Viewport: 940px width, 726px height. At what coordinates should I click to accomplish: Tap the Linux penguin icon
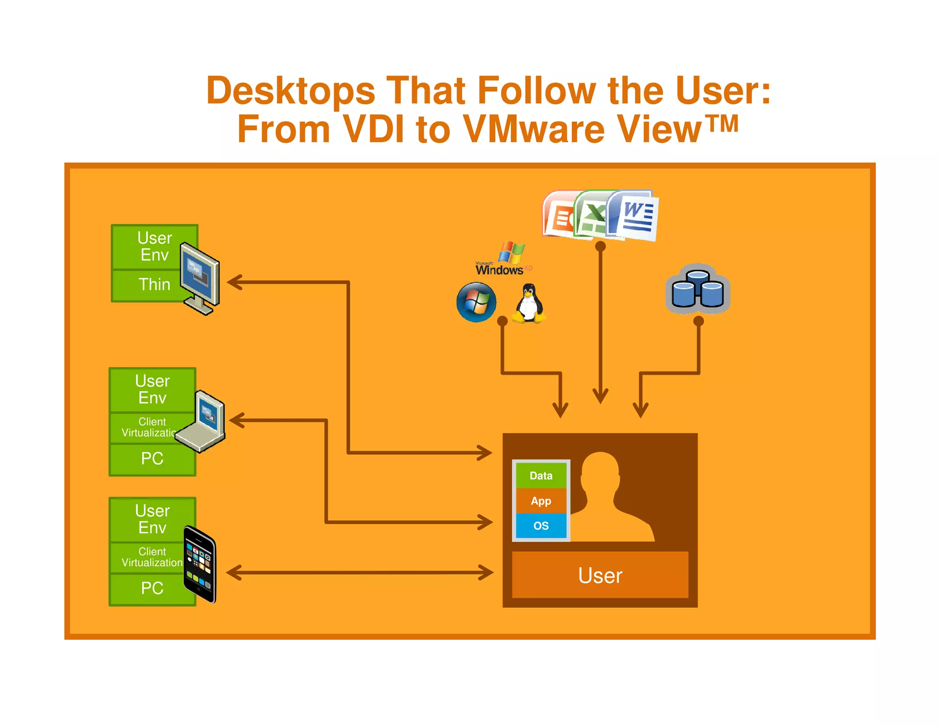click(x=529, y=303)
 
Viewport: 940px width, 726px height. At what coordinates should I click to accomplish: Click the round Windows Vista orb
click(x=476, y=302)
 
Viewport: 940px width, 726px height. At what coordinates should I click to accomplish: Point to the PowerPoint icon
click(x=558, y=215)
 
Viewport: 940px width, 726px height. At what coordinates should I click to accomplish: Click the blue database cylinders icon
click(x=698, y=289)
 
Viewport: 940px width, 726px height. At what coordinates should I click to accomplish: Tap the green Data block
click(x=541, y=475)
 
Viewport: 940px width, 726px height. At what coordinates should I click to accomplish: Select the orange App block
click(x=541, y=501)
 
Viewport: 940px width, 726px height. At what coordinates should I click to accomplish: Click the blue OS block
click(x=541, y=525)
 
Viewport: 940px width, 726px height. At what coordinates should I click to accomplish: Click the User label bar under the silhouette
click(x=600, y=575)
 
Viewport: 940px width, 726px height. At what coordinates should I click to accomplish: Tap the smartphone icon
click(x=200, y=564)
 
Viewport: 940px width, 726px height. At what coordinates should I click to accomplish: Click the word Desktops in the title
click(x=291, y=91)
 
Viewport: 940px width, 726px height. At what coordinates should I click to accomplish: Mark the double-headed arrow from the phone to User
click(x=360, y=572)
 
